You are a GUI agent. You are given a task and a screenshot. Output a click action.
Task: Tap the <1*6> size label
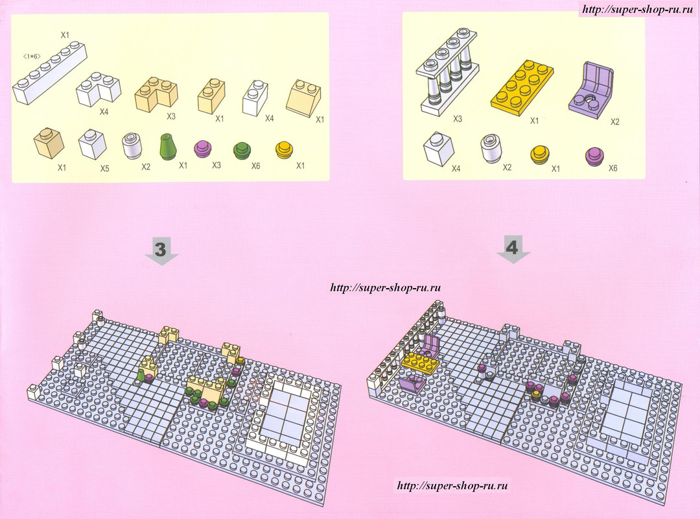[x=32, y=56]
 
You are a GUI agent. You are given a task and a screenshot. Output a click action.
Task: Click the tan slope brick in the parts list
[x=305, y=97]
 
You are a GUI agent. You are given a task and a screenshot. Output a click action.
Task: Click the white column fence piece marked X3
[x=448, y=71]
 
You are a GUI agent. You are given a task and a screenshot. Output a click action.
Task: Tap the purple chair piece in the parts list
[x=590, y=88]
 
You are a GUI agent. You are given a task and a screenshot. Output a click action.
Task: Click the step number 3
[x=160, y=249]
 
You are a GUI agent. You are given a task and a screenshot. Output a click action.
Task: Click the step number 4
[x=513, y=247]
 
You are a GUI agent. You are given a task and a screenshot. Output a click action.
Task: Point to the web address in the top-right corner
[x=638, y=9]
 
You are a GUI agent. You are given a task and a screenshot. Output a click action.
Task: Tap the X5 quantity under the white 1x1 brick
[x=104, y=169]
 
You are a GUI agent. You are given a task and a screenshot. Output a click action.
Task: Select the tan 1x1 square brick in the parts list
[x=49, y=143]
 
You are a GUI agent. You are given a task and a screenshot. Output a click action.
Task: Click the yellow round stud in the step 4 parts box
[x=540, y=154]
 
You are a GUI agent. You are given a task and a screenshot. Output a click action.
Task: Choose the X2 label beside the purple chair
[x=615, y=121]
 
